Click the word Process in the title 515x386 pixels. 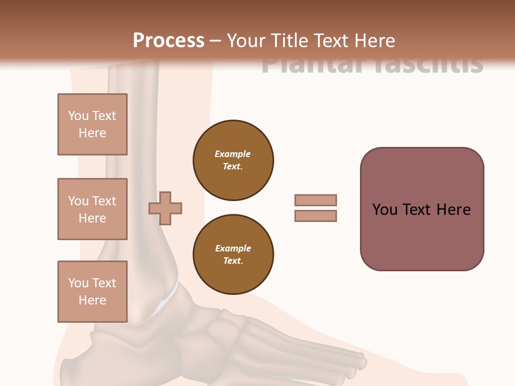coord(168,40)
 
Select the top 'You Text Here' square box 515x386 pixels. coord(92,124)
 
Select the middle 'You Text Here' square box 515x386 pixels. coord(92,209)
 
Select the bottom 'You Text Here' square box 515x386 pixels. coord(92,292)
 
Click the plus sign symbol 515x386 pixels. coord(165,208)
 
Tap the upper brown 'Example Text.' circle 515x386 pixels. coord(233,160)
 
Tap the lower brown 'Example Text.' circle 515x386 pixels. coord(233,255)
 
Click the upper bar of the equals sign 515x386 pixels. coord(315,200)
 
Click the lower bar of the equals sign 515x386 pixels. coord(315,216)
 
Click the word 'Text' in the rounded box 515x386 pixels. coord(418,209)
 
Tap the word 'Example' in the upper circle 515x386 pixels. coord(233,154)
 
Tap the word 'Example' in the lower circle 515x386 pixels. coord(233,248)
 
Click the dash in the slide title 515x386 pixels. coord(216,40)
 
